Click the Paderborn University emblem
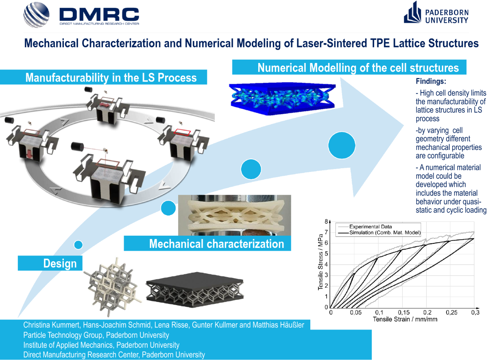412,14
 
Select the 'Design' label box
50,263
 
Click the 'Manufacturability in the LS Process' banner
111,77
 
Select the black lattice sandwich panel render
196,291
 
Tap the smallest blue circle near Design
78,244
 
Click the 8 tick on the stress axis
326,222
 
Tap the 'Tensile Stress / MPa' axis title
320,265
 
